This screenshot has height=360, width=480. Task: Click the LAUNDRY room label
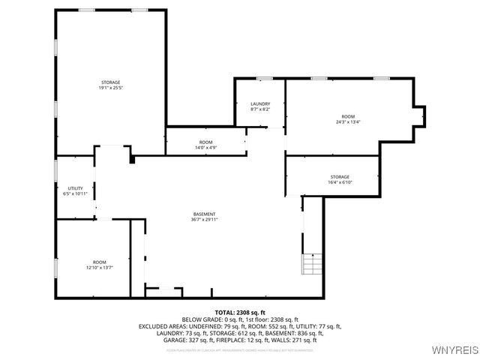(x=260, y=104)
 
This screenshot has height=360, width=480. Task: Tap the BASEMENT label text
(x=205, y=214)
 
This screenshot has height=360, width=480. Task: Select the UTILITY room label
(x=75, y=188)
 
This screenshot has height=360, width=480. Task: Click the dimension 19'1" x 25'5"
(x=110, y=88)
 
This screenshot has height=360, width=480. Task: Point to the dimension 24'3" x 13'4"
(x=348, y=122)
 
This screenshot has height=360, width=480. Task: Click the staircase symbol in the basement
(x=312, y=264)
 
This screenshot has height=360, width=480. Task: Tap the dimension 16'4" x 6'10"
(x=340, y=182)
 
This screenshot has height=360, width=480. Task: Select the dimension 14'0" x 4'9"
(x=205, y=148)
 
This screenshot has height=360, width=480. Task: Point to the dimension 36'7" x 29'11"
(x=205, y=220)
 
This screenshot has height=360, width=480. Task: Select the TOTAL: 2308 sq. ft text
(x=240, y=312)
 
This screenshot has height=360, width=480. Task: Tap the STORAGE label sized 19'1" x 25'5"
(x=110, y=82)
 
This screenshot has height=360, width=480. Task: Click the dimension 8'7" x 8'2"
(x=260, y=109)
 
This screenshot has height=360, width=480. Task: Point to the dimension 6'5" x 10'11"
(x=75, y=194)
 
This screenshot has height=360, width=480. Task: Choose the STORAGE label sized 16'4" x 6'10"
(x=340, y=176)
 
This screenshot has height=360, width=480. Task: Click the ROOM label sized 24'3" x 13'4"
(x=348, y=116)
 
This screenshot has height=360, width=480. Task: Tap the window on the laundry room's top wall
(x=264, y=78)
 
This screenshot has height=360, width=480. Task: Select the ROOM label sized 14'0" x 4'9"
(x=205, y=142)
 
